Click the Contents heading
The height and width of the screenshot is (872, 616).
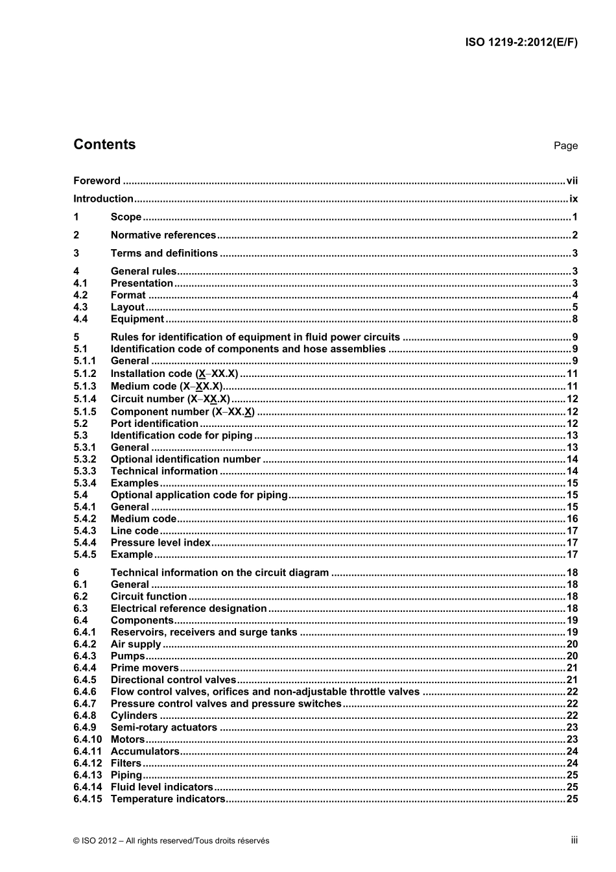click(104, 145)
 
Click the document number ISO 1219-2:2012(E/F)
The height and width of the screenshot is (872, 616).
click(521, 43)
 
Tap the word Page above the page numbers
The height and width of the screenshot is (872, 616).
click(565, 146)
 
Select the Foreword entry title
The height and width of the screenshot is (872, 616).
click(97, 181)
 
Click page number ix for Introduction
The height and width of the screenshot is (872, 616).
click(573, 199)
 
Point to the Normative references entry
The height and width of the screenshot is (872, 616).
click(163, 236)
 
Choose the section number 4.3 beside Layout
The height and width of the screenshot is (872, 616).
click(80, 308)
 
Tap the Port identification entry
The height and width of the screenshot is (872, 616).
click(154, 424)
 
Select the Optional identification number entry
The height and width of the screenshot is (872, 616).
click(185, 459)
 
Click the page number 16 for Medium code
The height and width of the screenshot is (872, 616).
click(572, 519)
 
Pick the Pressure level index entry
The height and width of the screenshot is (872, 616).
click(160, 543)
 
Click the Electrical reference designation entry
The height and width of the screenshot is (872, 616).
click(189, 609)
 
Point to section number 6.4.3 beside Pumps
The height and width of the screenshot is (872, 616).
click(84, 656)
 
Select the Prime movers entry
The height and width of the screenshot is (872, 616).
click(144, 668)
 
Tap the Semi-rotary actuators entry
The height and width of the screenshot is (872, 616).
click(163, 727)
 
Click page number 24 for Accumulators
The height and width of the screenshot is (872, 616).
click(572, 751)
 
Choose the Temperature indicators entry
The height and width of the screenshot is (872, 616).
click(167, 799)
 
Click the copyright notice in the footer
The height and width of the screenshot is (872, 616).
click(171, 841)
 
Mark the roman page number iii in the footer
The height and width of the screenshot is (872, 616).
click(574, 840)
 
